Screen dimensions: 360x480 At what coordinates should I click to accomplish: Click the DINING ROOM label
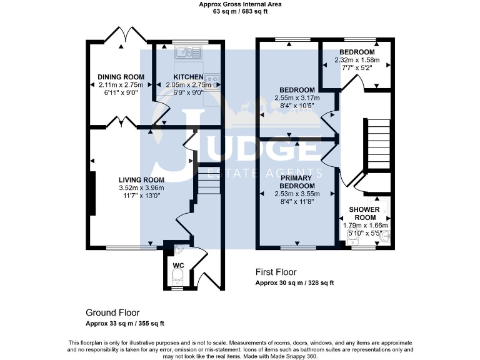coord(121,77)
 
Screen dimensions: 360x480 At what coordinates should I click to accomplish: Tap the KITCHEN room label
coord(189,77)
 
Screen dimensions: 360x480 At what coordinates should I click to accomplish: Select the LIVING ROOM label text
coord(142,180)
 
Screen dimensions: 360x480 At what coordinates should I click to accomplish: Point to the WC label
coord(178,266)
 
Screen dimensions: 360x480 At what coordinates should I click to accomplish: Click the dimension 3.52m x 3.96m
coord(141,187)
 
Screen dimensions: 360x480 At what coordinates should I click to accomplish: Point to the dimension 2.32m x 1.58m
coord(357,60)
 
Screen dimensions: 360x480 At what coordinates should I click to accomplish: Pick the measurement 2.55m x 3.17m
coord(298,98)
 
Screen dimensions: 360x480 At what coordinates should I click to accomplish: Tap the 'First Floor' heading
coord(276,272)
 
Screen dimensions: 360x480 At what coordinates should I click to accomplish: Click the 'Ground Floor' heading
coord(112,312)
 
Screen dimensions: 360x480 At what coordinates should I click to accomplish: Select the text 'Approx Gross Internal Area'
coord(240,4)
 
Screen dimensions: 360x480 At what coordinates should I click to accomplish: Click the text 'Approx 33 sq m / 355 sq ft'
coord(125,323)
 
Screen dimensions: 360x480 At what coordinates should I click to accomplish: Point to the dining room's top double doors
coord(122,36)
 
